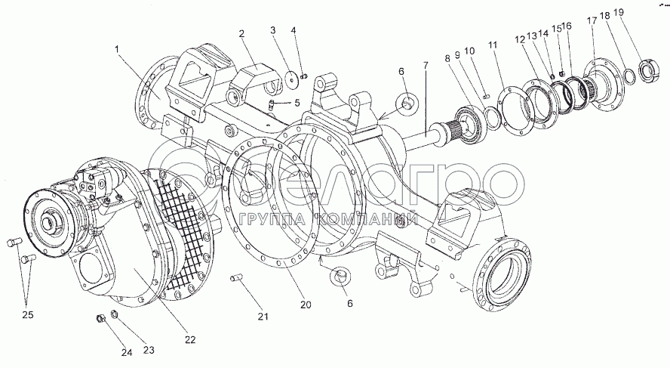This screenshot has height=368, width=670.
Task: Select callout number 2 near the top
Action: (x=241, y=33)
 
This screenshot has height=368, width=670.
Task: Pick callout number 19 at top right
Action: (x=619, y=12)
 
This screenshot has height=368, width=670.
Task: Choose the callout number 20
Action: (x=306, y=305)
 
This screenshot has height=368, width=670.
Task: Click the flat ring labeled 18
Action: (x=627, y=74)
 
